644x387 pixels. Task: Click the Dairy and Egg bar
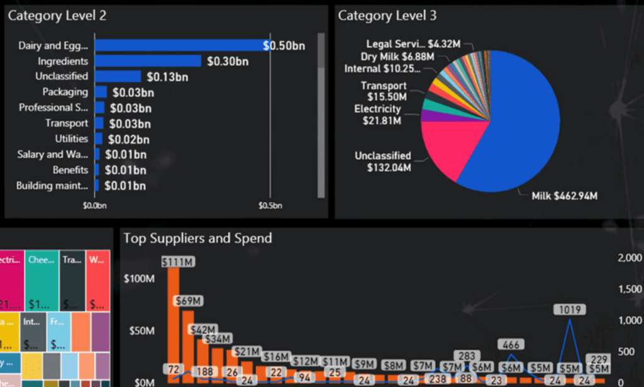[x=179, y=45]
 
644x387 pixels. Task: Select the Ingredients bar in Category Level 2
[x=148, y=61]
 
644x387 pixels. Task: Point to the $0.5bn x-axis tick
[x=270, y=205]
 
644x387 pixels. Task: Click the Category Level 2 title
[x=57, y=16]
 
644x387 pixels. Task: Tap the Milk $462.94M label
[x=563, y=196]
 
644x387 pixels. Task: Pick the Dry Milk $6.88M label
[x=397, y=56]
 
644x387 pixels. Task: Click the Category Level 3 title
[x=387, y=16]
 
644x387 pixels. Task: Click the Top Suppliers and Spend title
[x=197, y=238]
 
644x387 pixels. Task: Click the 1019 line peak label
[x=570, y=310]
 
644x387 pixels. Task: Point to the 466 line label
[x=511, y=344]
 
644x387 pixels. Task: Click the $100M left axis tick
[x=142, y=279]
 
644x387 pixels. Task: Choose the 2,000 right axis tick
[x=629, y=257]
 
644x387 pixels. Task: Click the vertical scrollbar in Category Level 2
[x=321, y=113]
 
